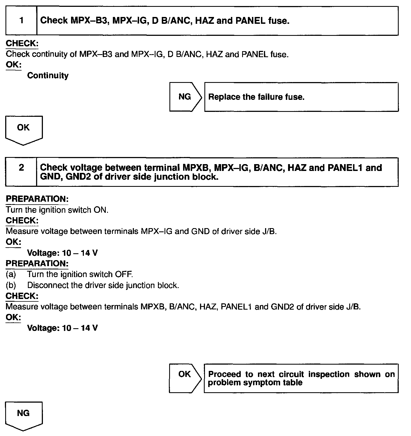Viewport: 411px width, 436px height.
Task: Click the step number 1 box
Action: point(21,21)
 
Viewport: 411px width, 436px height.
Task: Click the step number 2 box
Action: point(21,172)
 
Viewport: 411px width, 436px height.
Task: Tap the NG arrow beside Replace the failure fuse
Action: point(185,97)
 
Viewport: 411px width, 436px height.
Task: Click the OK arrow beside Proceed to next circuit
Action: point(185,378)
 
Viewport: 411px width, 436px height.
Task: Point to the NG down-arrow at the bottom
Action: point(24,415)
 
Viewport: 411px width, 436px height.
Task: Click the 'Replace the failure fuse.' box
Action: point(301,97)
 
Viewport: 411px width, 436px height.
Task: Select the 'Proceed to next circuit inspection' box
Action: point(301,378)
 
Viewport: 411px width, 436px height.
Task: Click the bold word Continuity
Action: point(48,75)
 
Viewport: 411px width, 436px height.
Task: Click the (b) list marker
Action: point(11,285)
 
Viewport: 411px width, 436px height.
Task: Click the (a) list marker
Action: point(11,274)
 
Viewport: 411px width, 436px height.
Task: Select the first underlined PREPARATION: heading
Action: point(37,199)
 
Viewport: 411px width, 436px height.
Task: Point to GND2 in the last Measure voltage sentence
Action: point(282,307)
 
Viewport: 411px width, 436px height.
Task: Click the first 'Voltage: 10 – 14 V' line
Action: point(62,253)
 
